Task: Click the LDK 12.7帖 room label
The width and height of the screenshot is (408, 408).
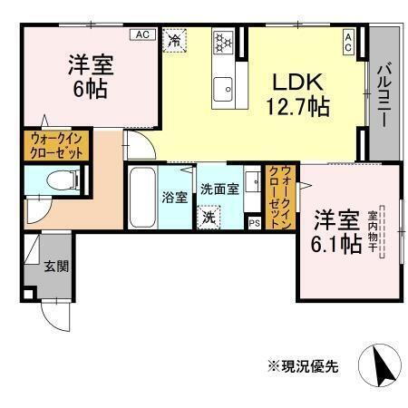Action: tap(295, 92)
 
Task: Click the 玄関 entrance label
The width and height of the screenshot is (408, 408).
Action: tap(55, 267)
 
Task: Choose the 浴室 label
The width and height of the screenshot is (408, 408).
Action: tap(173, 195)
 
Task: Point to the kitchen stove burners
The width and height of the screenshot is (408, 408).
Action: tap(223, 43)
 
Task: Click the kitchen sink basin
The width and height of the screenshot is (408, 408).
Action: tap(223, 88)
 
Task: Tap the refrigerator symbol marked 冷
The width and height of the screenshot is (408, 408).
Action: tap(173, 41)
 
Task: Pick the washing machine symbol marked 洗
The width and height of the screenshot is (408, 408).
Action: tap(209, 217)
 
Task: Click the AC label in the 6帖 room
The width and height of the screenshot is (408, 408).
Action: tap(142, 34)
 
